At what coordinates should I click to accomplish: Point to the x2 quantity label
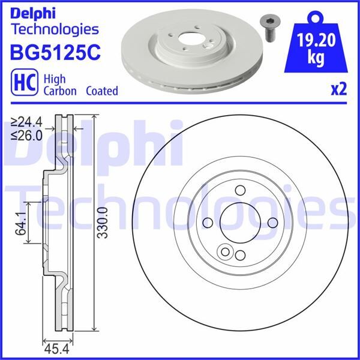click(339, 90)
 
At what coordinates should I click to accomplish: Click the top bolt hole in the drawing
click(240, 191)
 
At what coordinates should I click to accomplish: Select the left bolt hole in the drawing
click(208, 223)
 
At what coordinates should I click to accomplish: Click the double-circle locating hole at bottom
click(227, 251)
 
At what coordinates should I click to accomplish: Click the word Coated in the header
click(101, 91)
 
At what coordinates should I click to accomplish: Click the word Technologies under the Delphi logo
click(55, 28)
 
